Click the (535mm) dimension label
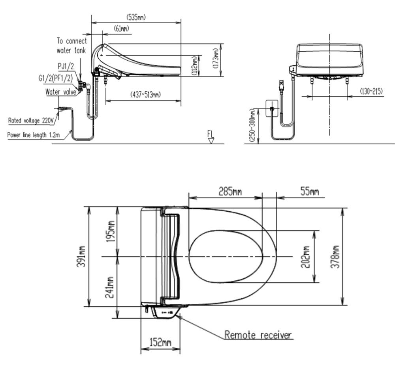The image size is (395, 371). (136, 17)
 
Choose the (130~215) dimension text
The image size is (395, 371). (371, 91)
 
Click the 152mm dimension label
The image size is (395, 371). (160, 342)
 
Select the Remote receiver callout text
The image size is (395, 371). (258, 335)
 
